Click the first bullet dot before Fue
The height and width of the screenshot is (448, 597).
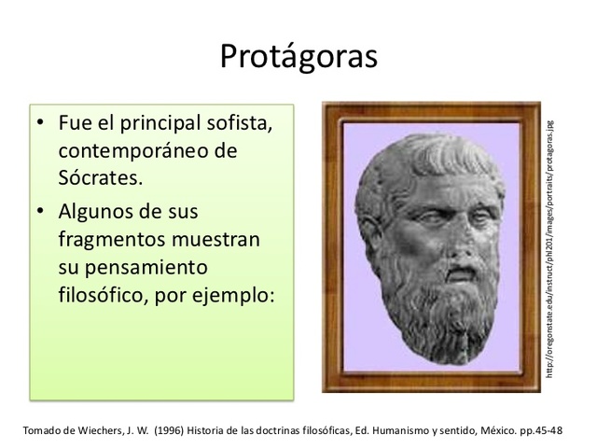point(41,125)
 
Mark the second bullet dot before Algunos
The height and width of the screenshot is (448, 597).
point(41,211)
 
